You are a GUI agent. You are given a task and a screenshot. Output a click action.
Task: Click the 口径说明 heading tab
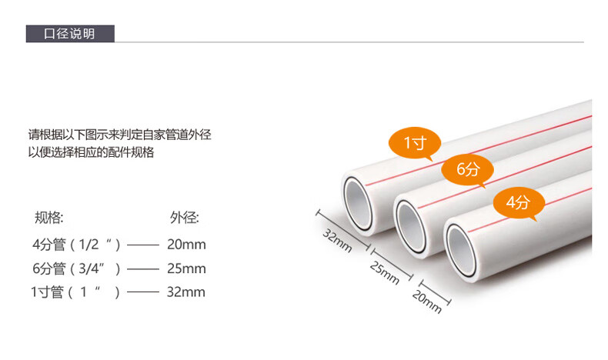(x=70, y=34)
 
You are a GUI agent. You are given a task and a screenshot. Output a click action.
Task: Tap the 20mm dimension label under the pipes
(x=427, y=301)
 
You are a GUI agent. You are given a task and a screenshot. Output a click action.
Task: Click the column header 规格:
(x=49, y=218)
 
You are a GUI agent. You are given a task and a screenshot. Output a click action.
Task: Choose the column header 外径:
(x=184, y=218)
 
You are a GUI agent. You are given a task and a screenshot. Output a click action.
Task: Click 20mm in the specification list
(x=186, y=245)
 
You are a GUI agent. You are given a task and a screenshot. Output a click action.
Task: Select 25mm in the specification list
(x=186, y=268)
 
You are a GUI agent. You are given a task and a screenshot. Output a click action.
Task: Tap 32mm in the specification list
(x=186, y=292)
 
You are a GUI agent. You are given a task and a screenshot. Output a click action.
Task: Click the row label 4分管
(x=48, y=245)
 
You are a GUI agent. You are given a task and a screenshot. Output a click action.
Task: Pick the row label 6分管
(x=48, y=268)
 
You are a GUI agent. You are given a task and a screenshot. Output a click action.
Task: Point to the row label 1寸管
(x=47, y=292)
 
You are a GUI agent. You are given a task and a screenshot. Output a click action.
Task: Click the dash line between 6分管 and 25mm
(x=142, y=269)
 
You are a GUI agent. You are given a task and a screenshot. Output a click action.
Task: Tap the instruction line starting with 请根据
(x=119, y=135)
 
